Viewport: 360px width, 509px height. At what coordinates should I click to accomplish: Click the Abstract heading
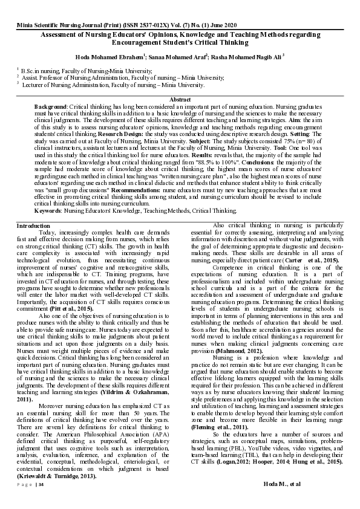click(x=180, y=99)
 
